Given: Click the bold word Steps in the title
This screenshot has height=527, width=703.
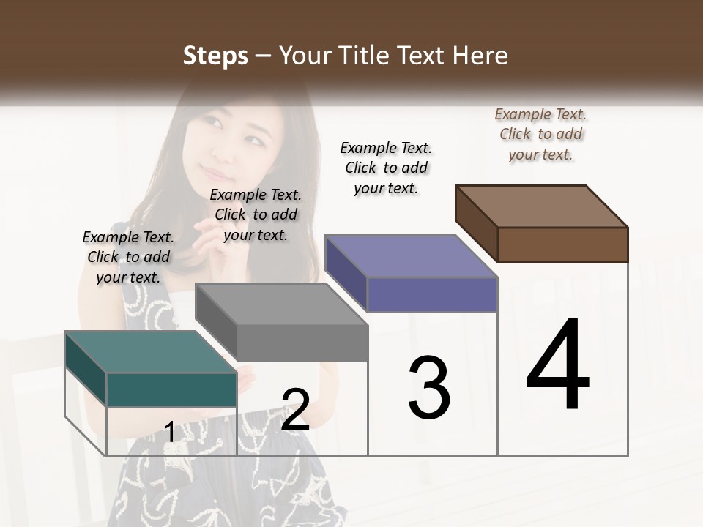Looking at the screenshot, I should pyautogui.click(x=215, y=56).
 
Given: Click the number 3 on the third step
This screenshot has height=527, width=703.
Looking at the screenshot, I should pyautogui.click(x=429, y=388).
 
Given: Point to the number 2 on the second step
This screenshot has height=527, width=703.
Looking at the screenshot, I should pyautogui.click(x=295, y=410).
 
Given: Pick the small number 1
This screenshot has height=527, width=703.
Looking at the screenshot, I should pyautogui.click(x=169, y=432).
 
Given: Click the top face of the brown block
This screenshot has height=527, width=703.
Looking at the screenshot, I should pyautogui.click(x=542, y=206).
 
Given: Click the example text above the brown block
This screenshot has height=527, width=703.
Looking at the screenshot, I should pyautogui.click(x=540, y=134).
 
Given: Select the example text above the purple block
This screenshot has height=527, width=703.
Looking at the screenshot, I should pyautogui.click(x=386, y=168).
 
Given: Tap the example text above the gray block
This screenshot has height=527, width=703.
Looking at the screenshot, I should pyautogui.click(x=256, y=214).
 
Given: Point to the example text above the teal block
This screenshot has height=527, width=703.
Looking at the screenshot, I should pyautogui.click(x=128, y=257).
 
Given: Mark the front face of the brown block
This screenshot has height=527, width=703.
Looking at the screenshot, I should pyautogui.click(x=562, y=244).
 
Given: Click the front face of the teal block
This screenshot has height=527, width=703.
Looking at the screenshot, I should pyautogui.click(x=171, y=389).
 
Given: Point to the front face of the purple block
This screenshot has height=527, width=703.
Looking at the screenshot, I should pyautogui.click(x=432, y=294).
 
